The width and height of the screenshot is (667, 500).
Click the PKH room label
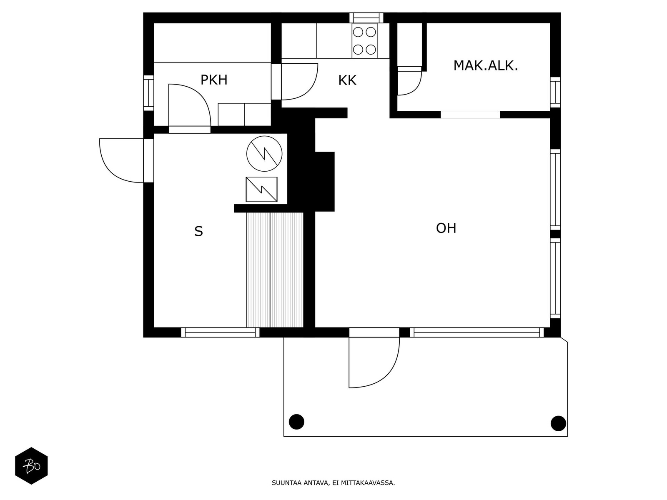pyautogui.click(x=214, y=80)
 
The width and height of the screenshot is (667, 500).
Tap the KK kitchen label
pyautogui.click(x=347, y=80)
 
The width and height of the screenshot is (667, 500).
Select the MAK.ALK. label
pyautogui.click(x=485, y=65)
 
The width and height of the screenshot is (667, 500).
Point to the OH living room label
pyautogui.click(x=446, y=228)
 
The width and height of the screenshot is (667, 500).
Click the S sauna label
pyautogui.click(x=198, y=232)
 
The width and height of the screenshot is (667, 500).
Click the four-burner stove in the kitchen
pyautogui.click(x=364, y=41)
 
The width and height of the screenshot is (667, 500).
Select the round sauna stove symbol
pyautogui.click(x=264, y=154)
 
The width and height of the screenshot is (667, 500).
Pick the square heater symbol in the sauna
pyautogui.click(x=261, y=189)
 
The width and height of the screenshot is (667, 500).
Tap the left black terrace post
pyautogui.click(x=296, y=422)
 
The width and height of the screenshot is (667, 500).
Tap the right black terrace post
pyautogui.click(x=558, y=423)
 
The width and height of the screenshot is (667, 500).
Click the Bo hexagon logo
pyautogui.click(x=31, y=466)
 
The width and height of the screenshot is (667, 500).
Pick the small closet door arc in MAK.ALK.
pyautogui.click(x=416, y=89)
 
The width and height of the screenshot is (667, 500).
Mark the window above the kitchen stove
pyautogui.click(x=366, y=17)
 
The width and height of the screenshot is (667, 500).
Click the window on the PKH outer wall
pyautogui.click(x=148, y=93)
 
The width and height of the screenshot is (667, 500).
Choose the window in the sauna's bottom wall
pyautogui.click(x=220, y=332)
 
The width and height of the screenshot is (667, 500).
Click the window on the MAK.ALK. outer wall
pyautogui.click(x=555, y=92)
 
